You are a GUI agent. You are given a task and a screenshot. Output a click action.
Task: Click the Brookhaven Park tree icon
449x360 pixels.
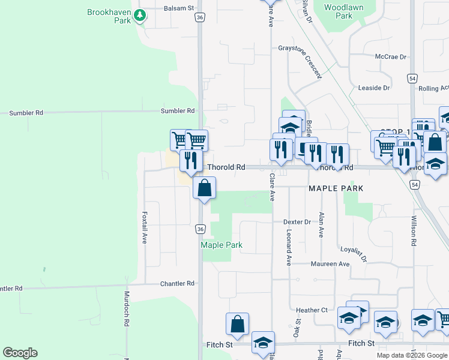pos(140,15)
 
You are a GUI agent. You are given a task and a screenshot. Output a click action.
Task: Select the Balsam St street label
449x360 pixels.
pos(179,9)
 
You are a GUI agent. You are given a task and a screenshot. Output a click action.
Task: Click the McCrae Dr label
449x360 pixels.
pos(391,57)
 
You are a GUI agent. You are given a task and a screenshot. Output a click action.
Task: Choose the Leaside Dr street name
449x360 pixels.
pos(373,88)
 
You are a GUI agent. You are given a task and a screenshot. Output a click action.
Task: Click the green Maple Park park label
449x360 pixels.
pos(221,245)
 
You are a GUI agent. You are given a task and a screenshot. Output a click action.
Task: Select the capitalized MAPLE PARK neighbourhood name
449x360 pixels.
pos(336,188)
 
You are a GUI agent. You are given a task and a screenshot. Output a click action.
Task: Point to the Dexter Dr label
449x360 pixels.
pos(297,222)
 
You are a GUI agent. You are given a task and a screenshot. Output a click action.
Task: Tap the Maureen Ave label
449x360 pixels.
pos(330,264)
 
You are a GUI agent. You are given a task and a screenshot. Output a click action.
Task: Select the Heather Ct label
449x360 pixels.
pos(312,310)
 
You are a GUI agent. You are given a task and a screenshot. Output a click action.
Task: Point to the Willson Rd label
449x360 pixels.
pos(414,231)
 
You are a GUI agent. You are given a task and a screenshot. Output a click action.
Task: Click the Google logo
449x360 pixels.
pos(20,353)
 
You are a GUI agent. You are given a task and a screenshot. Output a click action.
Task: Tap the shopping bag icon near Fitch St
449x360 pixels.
pos(237,324)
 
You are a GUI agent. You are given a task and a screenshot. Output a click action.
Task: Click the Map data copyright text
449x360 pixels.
pos(411,355)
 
